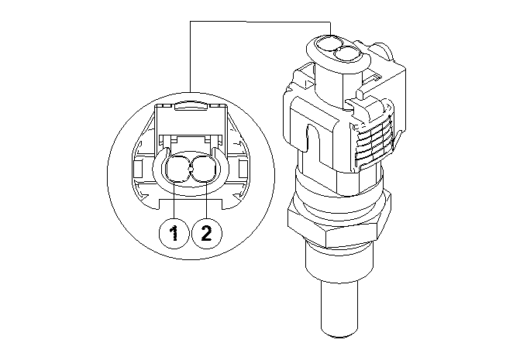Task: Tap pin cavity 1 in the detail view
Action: point(179,170)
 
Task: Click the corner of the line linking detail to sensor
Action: point(191,23)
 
